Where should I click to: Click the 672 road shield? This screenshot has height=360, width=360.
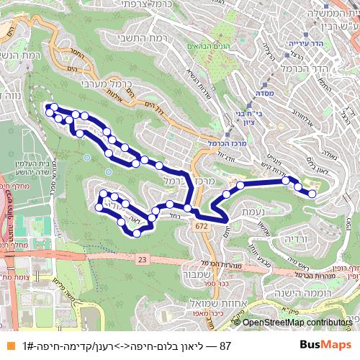(x=200, y=226)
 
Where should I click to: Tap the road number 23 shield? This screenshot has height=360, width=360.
(x=142, y=258)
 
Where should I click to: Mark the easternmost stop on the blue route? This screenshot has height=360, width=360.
(x=312, y=193)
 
